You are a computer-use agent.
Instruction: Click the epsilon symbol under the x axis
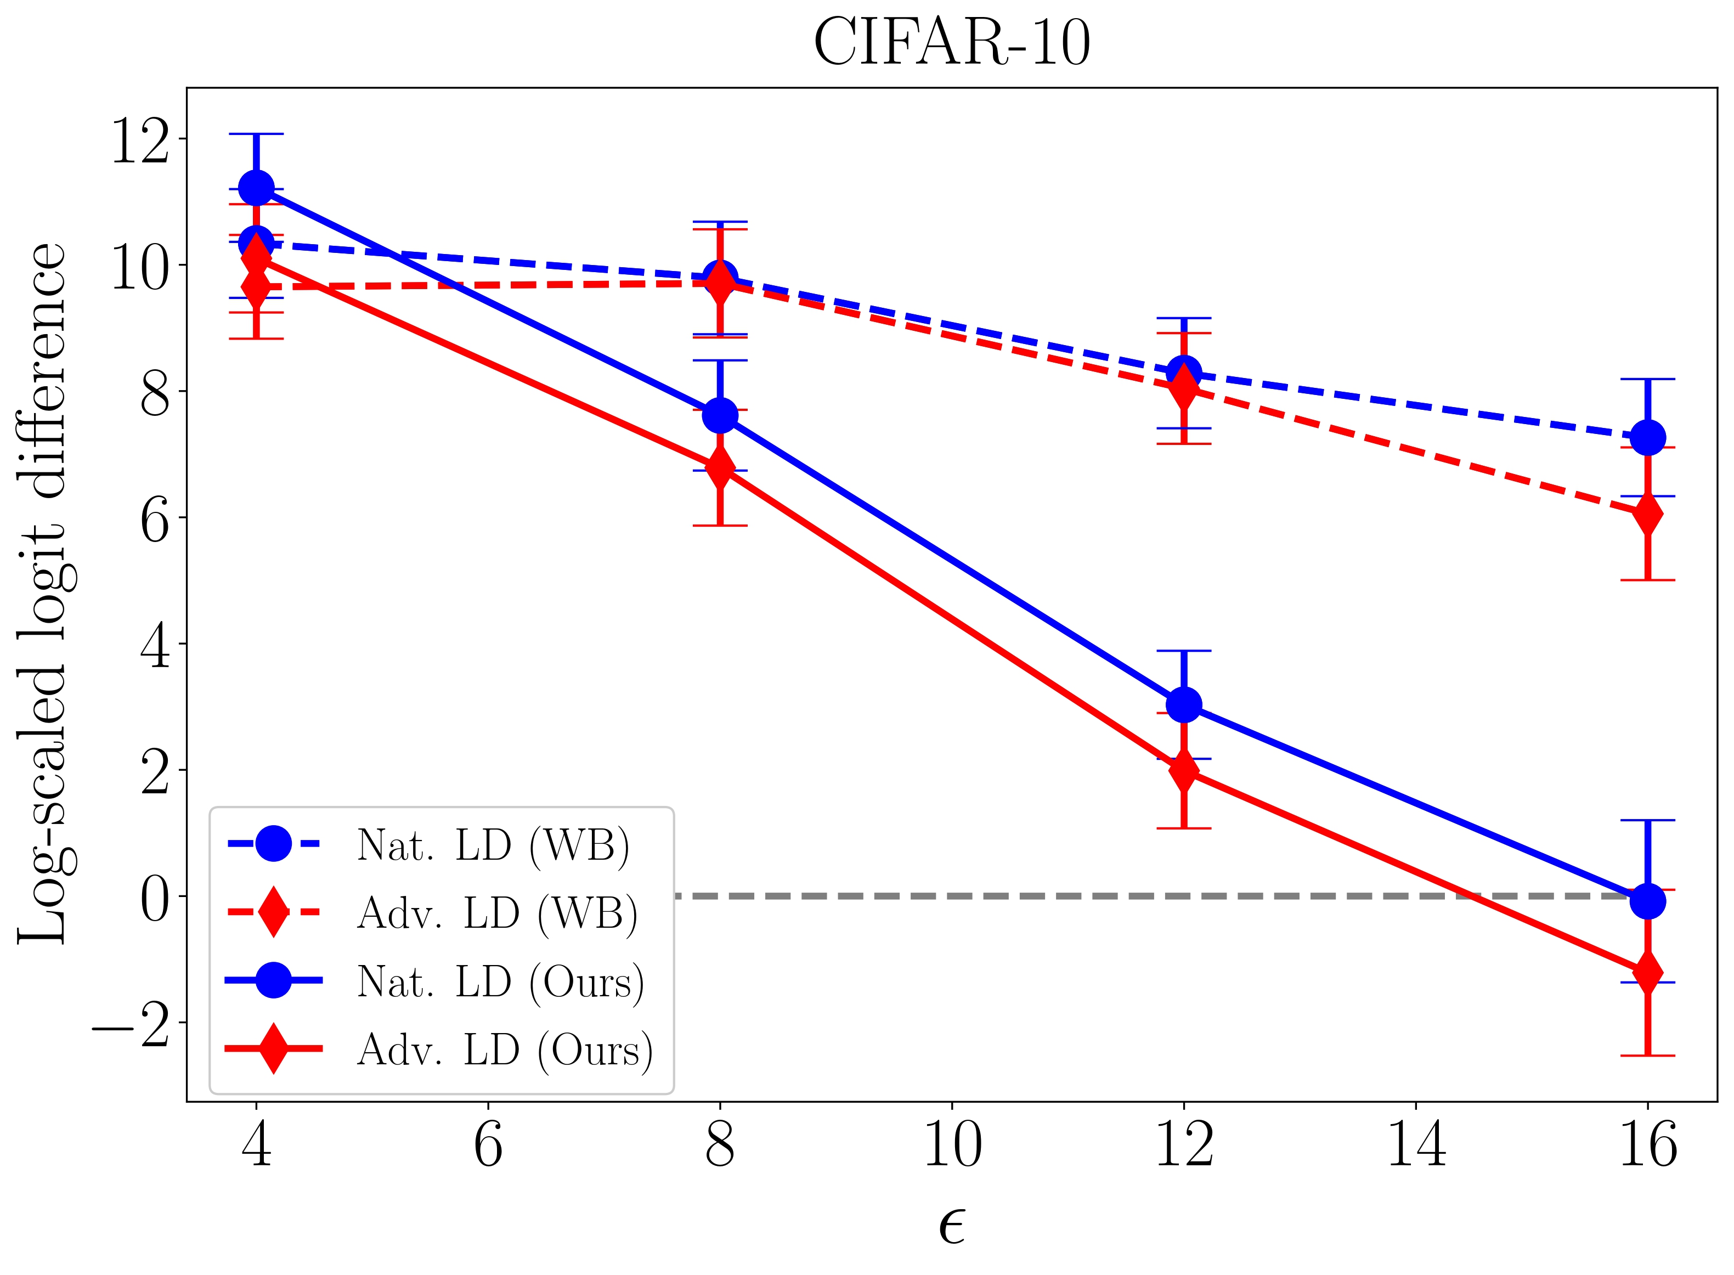click(x=952, y=1225)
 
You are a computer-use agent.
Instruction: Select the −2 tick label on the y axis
click(x=131, y=1024)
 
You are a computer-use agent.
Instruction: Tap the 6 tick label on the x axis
click(x=488, y=1146)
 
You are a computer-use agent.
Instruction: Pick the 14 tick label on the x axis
click(x=1415, y=1146)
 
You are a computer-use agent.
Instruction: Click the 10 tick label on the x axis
click(x=952, y=1146)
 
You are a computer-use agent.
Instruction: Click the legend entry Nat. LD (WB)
click(x=493, y=845)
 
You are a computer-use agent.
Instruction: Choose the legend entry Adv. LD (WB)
click(x=497, y=913)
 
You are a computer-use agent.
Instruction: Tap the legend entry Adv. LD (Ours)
click(x=505, y=1050)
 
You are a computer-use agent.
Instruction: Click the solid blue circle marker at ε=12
click(x=1184, y=704)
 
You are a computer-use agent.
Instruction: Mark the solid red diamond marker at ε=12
click(x=1184, y=770)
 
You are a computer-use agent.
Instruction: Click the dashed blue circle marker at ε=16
click(x=1647, y=438)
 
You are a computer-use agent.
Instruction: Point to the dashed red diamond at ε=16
click(x=1647, y=514)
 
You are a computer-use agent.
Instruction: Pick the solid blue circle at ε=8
click(x=720, y=415)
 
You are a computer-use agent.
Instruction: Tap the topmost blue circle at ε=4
click(x=256, y=188)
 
